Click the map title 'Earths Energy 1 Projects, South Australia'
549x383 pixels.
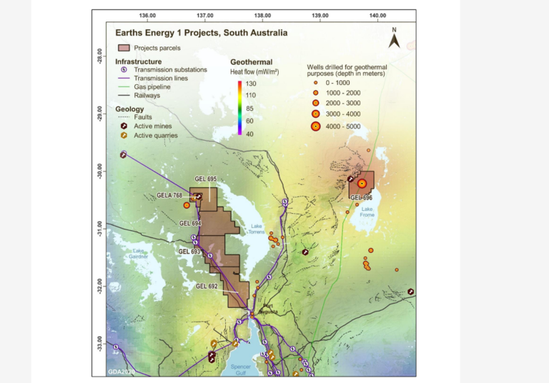[202, 32]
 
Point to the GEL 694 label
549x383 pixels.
[189, 224]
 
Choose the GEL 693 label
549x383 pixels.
[189, 252]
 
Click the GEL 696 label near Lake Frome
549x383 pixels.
[361, 197]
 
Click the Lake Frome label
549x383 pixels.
[367, 212]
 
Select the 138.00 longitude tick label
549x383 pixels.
[262, 15]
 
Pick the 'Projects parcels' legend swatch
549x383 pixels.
[124, 48]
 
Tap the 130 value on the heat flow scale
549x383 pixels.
[252, 84]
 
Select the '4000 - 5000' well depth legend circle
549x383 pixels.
[315, 126]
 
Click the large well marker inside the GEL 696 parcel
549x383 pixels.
[362, 183]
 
